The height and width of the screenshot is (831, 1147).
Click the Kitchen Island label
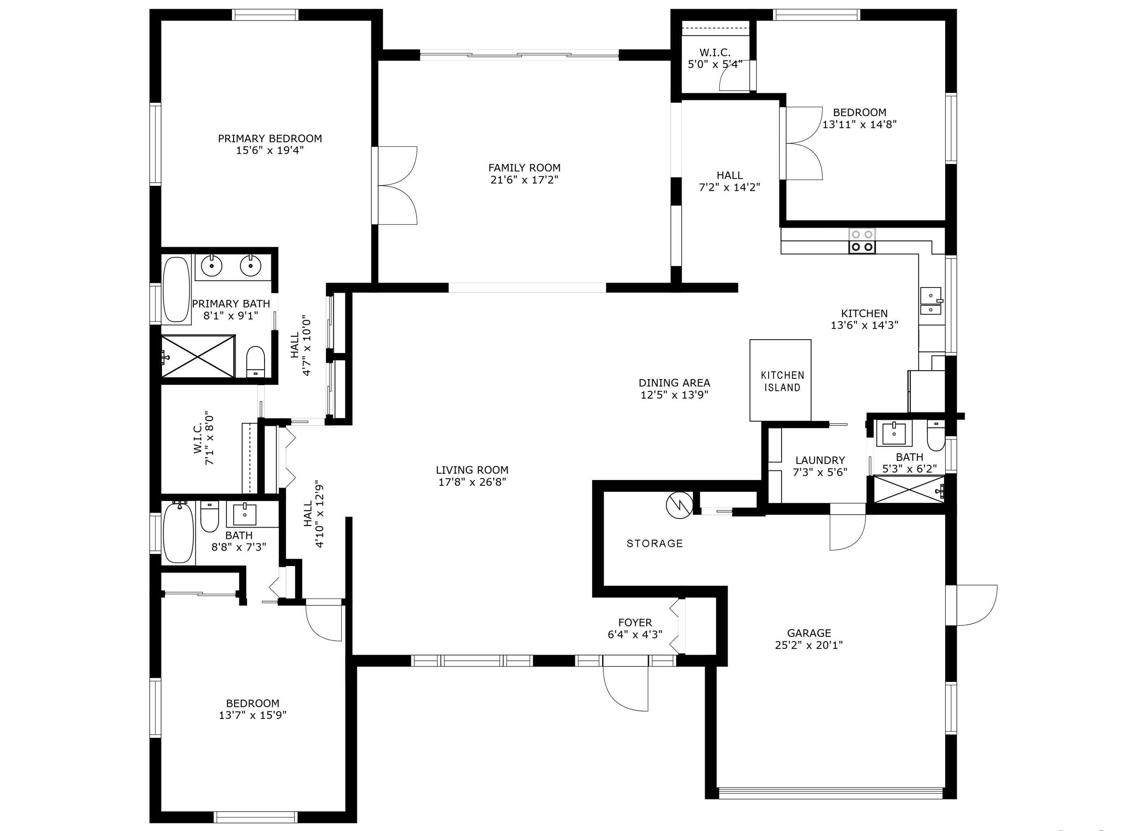click(782, 381)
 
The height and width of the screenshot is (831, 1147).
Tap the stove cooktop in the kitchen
click(862, 241)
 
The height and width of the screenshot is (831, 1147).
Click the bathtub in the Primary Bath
click(176, 290)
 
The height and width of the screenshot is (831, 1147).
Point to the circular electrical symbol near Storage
click(679, 505)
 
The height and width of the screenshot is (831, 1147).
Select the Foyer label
click(635, 623)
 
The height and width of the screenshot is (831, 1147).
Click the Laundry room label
click(820, 460)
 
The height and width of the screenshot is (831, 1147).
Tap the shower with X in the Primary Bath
click(198, 356)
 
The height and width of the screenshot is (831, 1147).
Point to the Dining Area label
click(674, 383)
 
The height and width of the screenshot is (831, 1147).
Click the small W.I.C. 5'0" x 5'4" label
click(715, 58)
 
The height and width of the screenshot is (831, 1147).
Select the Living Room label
click(472, 470)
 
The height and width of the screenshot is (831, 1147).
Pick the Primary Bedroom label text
click(270, 138)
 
